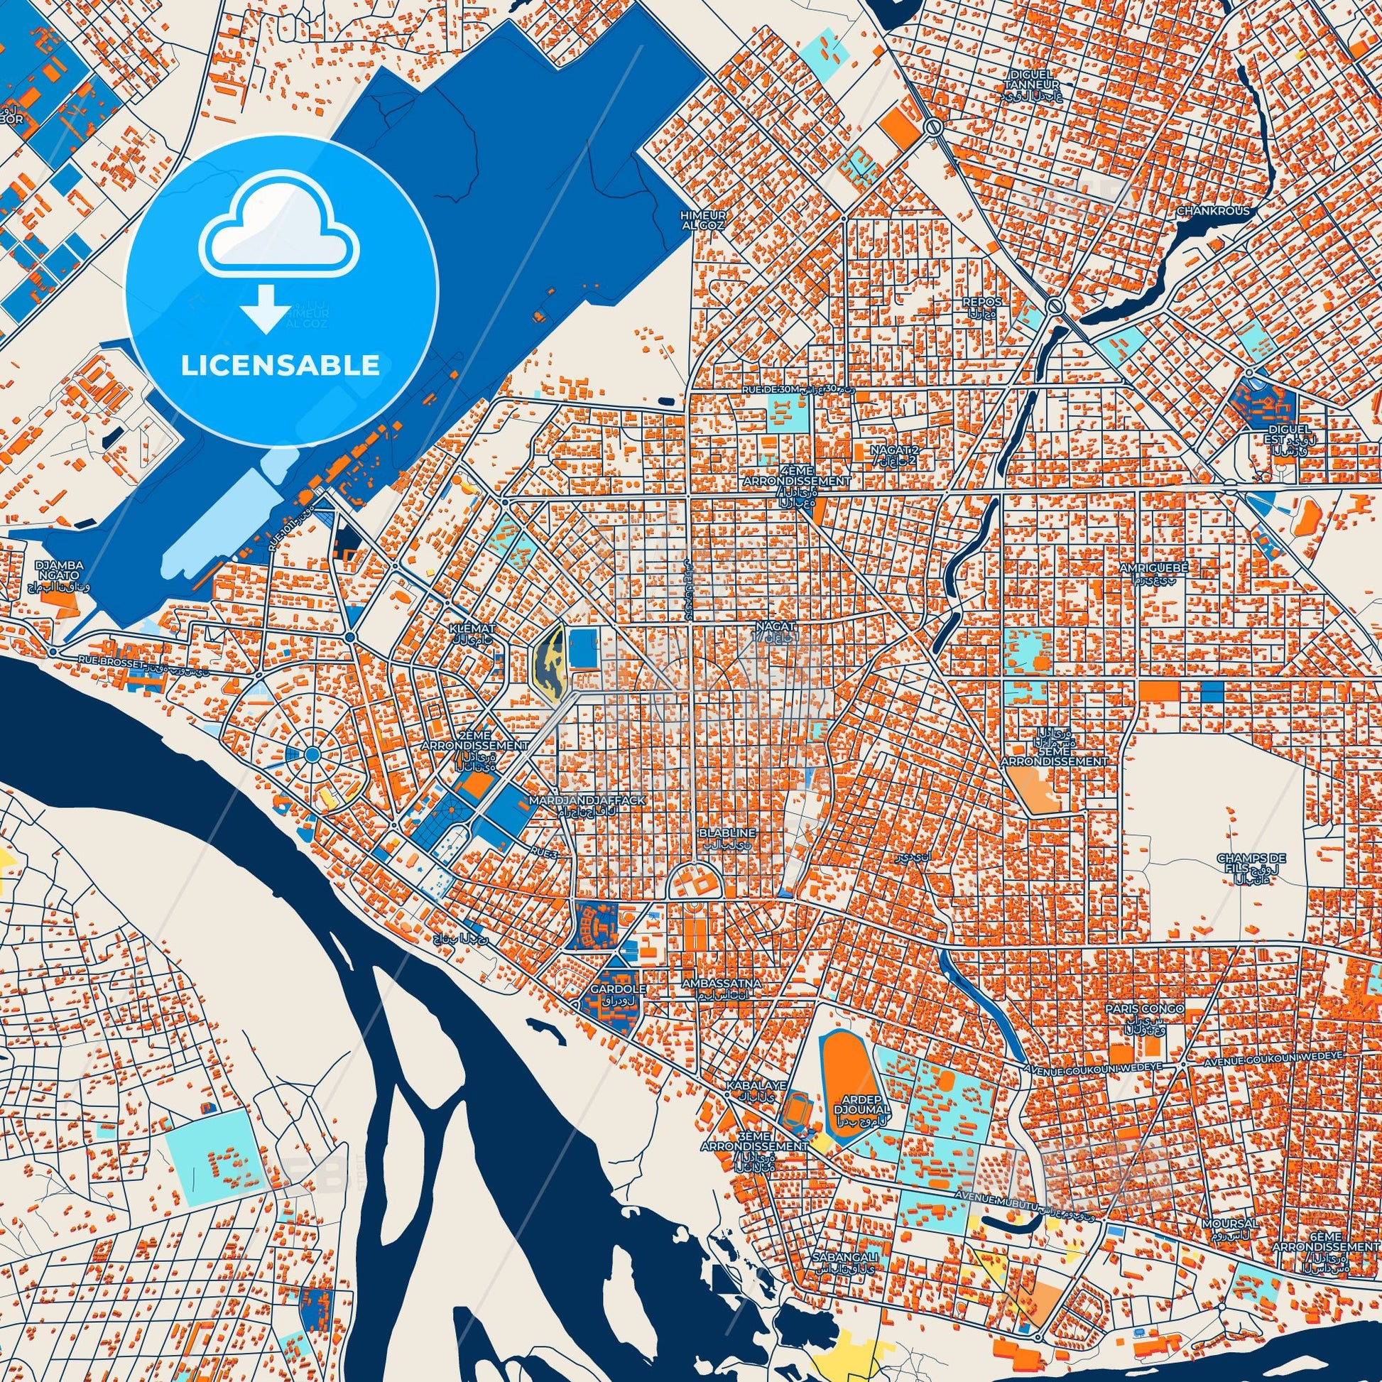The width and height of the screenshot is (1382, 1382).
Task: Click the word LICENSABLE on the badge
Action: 280,366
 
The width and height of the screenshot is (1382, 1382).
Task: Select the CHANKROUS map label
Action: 1213,211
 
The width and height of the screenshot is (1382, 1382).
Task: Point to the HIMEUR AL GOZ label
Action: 704,219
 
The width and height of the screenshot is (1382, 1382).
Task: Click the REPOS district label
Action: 981,303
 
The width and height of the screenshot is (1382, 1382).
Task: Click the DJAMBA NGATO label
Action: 60,570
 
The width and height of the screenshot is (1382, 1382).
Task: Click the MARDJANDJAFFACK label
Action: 587,800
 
